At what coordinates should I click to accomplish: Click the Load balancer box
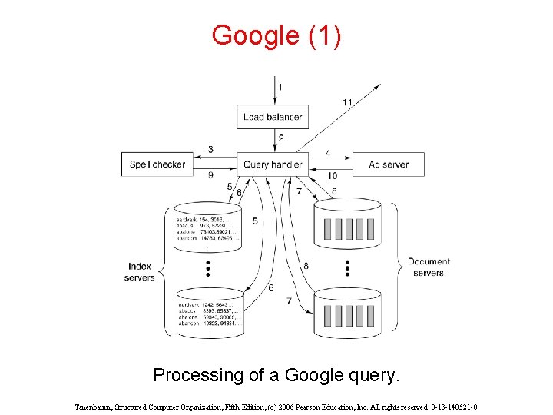pyautogui.click(x=273, y=117)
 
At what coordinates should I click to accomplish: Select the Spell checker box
pyautogui.click(x=157, y=164)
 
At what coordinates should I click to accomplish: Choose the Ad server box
pyautogui.click(x=389, y=164)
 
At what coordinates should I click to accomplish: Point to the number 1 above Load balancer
pyautogui.click(x=280, y=87)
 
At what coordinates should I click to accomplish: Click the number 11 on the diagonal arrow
pyautogui.click(x=347, y=101)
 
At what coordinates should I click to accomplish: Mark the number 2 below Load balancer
pyautogui.click(x=281, y=138)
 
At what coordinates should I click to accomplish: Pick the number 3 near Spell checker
pyautogui.click(x=210, y=149)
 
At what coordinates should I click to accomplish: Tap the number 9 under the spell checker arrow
pyautogui.click(x=210, y=175)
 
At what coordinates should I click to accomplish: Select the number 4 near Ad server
pyautogui.click(x=328, y=153)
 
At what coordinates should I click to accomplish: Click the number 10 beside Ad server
pyautogui.click(x=332, y=176)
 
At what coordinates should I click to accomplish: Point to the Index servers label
pyautogui.click(x=140, y=272)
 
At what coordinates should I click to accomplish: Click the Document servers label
pyautogui.click(x=428, y=267)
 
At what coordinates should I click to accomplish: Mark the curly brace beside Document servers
pyautogui.click(x=395, y=267)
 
